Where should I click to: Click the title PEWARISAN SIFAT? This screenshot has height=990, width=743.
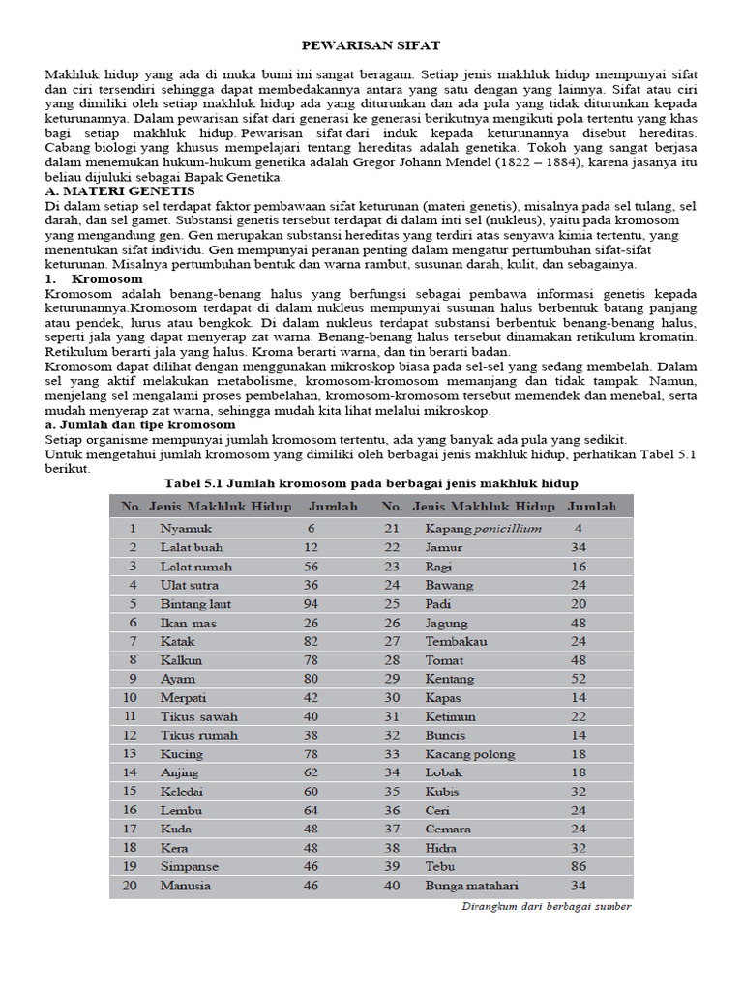point(371,45)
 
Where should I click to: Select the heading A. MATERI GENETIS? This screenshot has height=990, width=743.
point(120,192)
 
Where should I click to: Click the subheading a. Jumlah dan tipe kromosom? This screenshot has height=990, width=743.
point(139,424)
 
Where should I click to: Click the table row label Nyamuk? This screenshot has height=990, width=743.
point(186,529)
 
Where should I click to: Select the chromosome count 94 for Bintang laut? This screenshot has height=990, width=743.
point(312,604)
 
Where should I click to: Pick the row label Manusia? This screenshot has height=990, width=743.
point(186,886)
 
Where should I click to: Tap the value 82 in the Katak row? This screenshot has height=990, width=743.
point(312,642)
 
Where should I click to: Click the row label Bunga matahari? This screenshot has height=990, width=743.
point(471,886)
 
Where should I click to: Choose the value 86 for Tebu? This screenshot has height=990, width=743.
point(579,867)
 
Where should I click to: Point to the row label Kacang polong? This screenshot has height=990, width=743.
point(470,754)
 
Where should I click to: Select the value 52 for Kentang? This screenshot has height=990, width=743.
point(579,680)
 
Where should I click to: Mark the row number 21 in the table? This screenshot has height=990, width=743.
point(391,529)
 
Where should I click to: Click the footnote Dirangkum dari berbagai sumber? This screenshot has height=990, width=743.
point(545,907)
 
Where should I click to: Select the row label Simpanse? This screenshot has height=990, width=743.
point(190,867)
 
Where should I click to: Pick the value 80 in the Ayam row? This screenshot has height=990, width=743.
point(312,680)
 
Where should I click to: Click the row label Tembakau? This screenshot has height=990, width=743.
point(457,642)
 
